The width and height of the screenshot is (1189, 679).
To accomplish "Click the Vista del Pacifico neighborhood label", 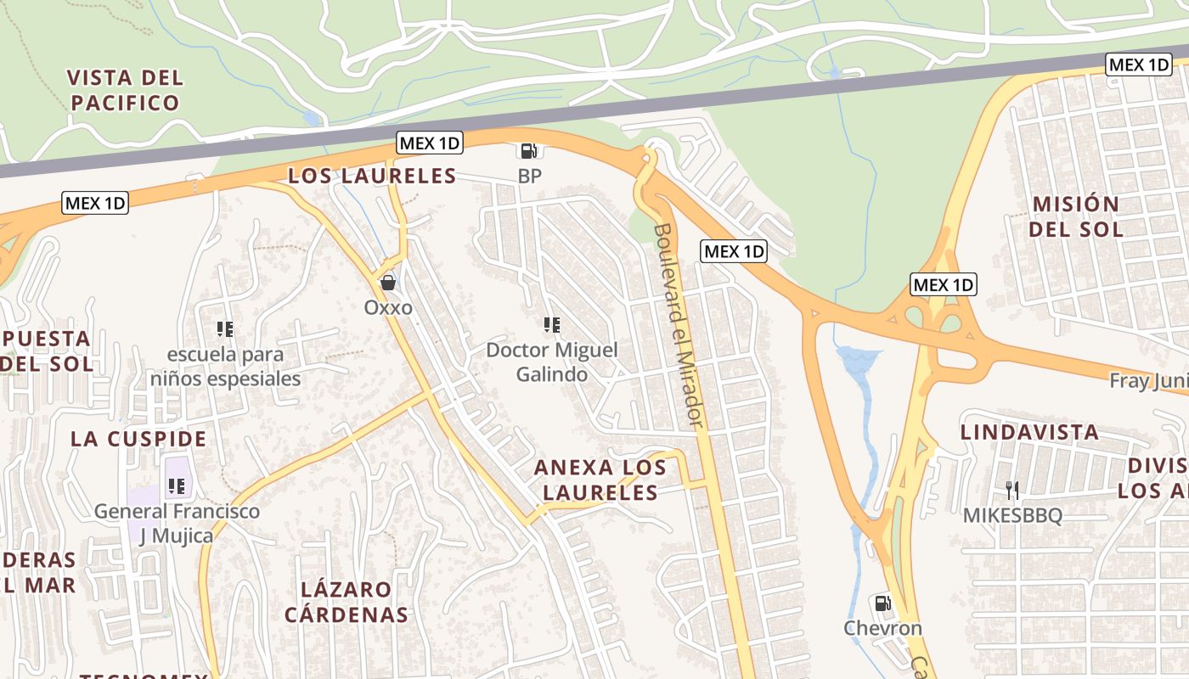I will [125, 90].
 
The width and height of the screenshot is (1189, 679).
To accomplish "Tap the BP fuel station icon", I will [529, 151].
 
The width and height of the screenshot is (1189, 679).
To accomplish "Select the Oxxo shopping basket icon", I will [388, 283].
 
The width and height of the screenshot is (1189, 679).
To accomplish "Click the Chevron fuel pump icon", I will [882, 603].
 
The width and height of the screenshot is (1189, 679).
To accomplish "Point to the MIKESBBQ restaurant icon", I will [1011, 490].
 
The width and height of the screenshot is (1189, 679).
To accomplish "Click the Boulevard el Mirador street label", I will [679, 325].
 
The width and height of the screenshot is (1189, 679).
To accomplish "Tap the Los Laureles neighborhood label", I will [372, 176].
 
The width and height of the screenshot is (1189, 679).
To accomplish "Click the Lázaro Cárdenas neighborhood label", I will [346, 602].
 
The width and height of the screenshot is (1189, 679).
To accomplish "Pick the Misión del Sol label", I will [1075, 216].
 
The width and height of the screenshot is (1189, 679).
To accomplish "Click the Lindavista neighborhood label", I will [1029, 432].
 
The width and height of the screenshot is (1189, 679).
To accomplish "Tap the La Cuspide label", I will [138, 439].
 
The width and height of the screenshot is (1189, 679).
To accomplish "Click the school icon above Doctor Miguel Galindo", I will [551, 325].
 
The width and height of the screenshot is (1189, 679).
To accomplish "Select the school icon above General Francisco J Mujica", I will [177, 486].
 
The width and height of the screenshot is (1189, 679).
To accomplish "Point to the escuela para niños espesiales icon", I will [225, 328].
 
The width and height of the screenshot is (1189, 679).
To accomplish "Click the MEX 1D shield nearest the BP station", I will [430, 143].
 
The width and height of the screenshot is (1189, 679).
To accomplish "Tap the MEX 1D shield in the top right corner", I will [1139, 65].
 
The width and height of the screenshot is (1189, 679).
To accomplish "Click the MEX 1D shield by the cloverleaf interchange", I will [944, 284].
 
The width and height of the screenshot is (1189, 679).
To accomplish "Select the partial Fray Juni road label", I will [1148, 381].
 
